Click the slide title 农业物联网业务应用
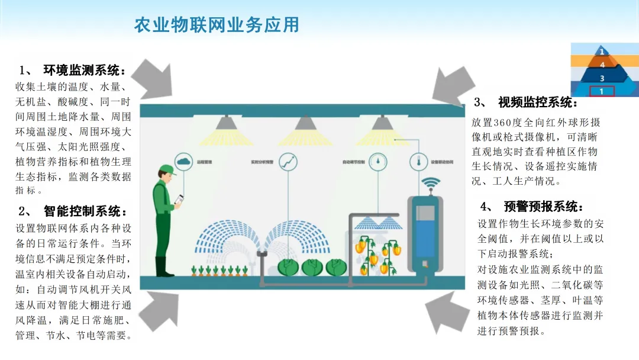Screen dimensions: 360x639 point(217,25)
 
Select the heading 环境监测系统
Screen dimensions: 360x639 point(85,70)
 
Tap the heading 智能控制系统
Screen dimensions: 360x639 point(85,211)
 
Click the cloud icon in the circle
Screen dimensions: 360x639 point(183,160)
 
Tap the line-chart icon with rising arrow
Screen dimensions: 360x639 point(288,161)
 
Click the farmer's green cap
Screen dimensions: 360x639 point(167,170)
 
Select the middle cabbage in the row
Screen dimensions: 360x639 point(312,267)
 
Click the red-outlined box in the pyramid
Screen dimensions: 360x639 point(602,91)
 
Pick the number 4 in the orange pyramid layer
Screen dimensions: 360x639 point(602,64)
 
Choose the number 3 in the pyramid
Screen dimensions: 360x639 point(602,78)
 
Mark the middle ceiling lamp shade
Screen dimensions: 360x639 point(305,123)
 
